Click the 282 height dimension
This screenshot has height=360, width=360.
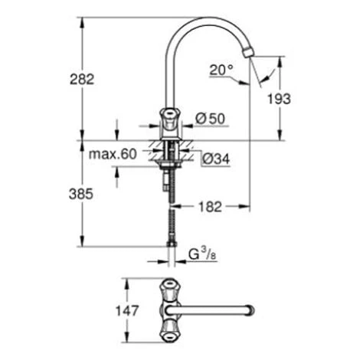(82, 79)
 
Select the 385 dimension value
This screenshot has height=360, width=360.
(81, 194)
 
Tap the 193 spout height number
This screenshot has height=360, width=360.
(279, 99)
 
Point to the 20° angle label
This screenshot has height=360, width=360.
(221, 70)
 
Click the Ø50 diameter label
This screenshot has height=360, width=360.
(211, 119)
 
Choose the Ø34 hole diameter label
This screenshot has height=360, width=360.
(216, 159)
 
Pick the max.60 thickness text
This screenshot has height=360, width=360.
(113, 154)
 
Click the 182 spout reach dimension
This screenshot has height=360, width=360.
(210, 207)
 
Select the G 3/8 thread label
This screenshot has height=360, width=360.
(202, 254)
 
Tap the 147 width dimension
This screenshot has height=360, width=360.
(127, 311)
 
